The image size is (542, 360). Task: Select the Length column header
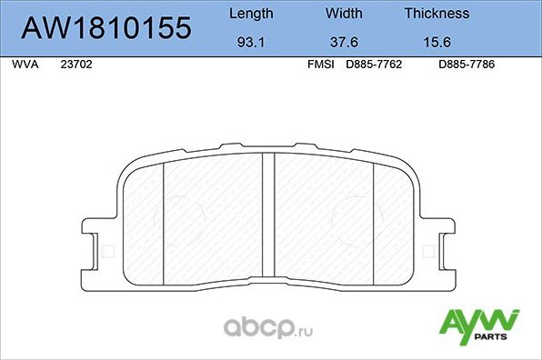[249, 14]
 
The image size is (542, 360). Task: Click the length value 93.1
[249, 42]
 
